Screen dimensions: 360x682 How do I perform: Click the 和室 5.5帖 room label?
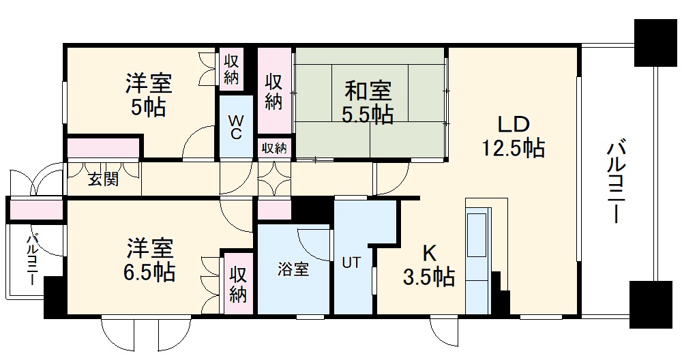(368, 102)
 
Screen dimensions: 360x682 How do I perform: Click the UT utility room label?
(351, 262)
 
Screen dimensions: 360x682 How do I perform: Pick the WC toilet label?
(235, 126)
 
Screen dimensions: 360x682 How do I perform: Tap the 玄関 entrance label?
(103, 179)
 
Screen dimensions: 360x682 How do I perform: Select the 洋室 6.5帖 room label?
(149, 260)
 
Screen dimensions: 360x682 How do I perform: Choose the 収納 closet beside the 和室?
(274, 92)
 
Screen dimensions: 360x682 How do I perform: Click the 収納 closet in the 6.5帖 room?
(238, 284)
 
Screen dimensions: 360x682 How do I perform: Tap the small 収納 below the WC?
(275, 148)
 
